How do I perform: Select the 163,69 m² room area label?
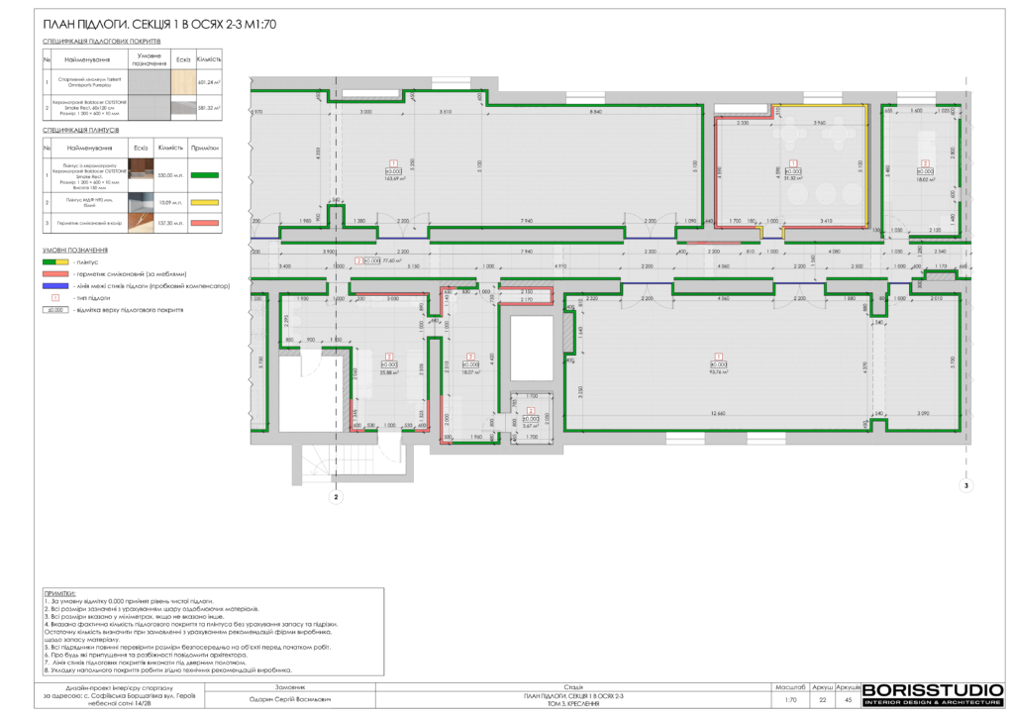click(394, 178)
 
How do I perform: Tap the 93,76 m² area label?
click(718, 372)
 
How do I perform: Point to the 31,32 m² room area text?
click(792, 178)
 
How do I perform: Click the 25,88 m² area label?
click(389, 372)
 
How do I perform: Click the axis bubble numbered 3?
click(966, 485)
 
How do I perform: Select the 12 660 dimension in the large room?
click(717, 413)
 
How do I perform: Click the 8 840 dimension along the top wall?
click(595, 112)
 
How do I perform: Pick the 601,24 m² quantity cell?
click(209, 83)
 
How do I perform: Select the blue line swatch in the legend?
click(55, 284)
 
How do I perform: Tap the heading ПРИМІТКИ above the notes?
click(59, 592)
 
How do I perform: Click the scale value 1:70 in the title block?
click(790, 699)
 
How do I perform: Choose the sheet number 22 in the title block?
click(822, 699)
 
